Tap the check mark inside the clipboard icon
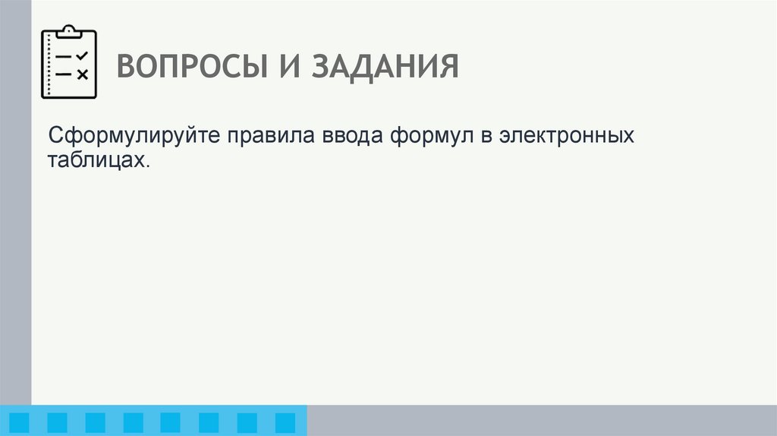tap(83, 55)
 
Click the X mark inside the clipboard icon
tap(83, 74)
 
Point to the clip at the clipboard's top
tap(69, 30)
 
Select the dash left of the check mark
tap(64, 56)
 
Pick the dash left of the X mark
tap(64, 74)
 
